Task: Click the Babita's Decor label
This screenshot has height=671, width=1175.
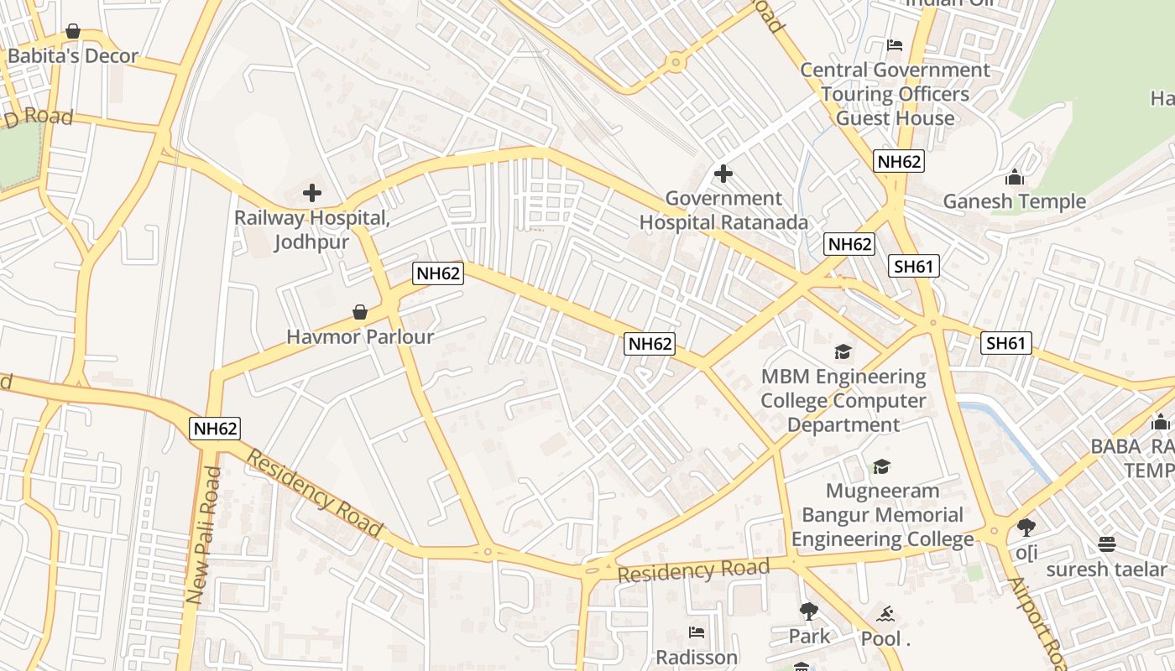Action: [x=73, y=56]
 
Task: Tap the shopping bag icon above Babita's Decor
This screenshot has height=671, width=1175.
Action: [x=73, y=32]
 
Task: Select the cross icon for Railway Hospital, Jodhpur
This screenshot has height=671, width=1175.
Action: [x=312, y=193]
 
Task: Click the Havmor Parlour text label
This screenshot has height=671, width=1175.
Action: [x=360, y=337]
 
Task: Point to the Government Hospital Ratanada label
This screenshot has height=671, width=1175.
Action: [x=723, y=211]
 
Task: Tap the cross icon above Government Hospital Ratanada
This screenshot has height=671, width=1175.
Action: [x=723, y=174]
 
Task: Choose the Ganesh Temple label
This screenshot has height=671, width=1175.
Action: [x=1014, y=201]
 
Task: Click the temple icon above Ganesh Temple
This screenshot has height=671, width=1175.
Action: [x=1014, y=177]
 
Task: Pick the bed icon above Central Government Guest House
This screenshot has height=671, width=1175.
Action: [x=895, y=45]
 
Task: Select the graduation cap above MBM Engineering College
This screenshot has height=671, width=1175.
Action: [x=843, y=351]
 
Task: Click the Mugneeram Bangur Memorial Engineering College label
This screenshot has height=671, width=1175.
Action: [x=882, y=514]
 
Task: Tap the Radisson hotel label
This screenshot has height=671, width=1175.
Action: [x=697, y=657]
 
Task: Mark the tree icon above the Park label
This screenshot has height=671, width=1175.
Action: [x=809, y=611]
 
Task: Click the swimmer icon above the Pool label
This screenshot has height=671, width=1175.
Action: [x=885, y=615]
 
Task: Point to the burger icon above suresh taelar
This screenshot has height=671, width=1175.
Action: [x=1106, y=544]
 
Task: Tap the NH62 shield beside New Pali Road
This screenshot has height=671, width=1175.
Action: [x=216, y=429]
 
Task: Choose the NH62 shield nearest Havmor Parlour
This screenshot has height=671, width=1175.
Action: [x=438, y=273]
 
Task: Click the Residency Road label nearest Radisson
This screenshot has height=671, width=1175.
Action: [x=693, y=571]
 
